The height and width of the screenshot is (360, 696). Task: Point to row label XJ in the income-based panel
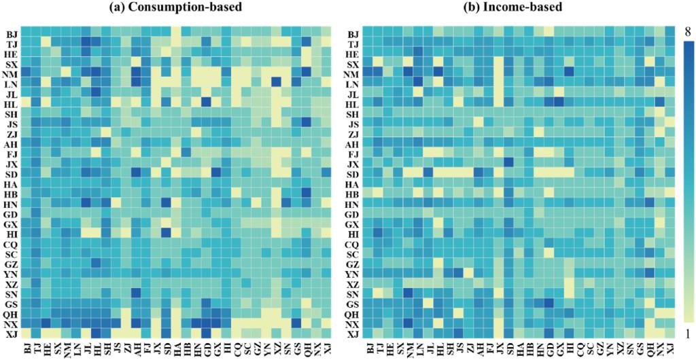coord(352,334)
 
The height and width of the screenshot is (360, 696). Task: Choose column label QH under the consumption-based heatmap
coord(306,349)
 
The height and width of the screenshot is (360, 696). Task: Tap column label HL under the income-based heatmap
coord(438,349)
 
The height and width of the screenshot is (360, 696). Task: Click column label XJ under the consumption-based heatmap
coord(327,349)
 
